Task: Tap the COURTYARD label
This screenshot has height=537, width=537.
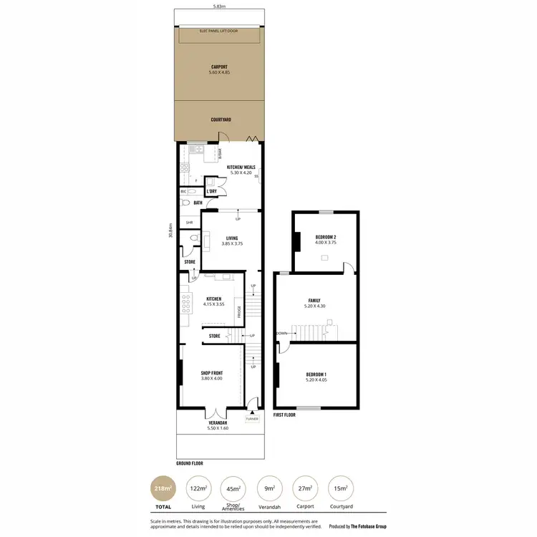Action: pos(220,120)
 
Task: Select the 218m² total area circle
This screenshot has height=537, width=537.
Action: pos(163,489)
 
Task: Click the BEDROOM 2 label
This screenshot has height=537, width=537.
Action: pos(326,237)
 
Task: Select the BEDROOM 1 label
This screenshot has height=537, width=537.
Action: pos(316,375)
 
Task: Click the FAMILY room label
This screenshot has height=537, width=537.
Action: pos(314,301)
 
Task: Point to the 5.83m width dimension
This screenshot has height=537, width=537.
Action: pos(220,7)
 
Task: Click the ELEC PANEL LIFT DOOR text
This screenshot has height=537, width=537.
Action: pos(220,32)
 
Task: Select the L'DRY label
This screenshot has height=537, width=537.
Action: pos(211,191)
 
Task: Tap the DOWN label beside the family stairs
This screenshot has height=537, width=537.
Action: pos(282,333)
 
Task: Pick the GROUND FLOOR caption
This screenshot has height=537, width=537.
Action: pos(190,463)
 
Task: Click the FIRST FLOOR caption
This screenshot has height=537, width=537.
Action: pos(284,415)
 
